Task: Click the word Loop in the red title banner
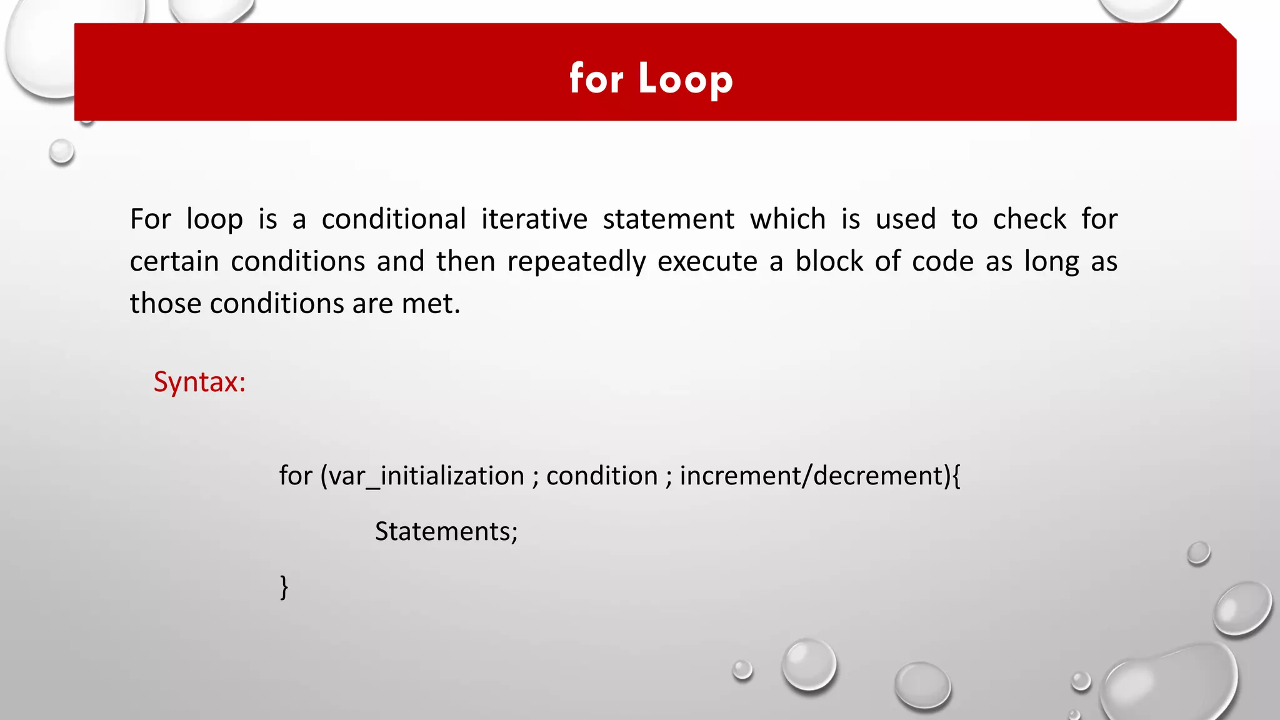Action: [x=685, y=79]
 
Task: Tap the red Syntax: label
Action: [x=199, y=382]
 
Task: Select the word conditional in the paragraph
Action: [x=394, y=219]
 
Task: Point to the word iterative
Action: [x=534, y=219]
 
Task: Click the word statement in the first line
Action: [x=668, y=219]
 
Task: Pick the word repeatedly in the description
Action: [x=576, y=262]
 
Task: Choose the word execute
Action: [x=707, y=262]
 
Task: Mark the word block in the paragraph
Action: [x=829, y=261]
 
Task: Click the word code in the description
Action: [x=942, y=261]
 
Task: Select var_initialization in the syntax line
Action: [x=426, y=476]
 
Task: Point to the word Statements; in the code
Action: [x=446, y=532]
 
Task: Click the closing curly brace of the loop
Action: [x=284, y=587]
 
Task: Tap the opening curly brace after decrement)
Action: [x=956, y=476]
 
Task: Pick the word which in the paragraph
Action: [x=787, y=219]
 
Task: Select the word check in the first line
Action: [x=1029, y=219]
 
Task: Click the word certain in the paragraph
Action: [x=174, y=262]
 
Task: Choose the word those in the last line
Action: [x=166, y=304]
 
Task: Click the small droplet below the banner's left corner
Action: [x=61, y=151]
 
